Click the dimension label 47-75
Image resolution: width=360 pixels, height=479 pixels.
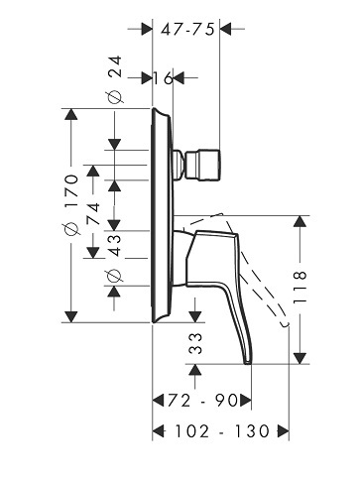pyautogui.click(x=187, y=30)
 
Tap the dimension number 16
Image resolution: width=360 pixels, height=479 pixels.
pyautogui.click(x=163, y=78)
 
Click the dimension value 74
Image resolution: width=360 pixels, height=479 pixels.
pyautogui.click(x=93, y=214)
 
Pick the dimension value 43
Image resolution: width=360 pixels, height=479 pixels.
pyautogui.click(x=115, y=245)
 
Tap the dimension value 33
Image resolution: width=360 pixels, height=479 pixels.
pyautogui.click(x=195, y=344)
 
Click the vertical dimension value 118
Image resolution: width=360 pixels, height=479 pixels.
pyautogui.click(x=300, y=287)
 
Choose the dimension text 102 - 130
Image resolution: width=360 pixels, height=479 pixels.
pyautogui.click(x=222, y=431)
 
